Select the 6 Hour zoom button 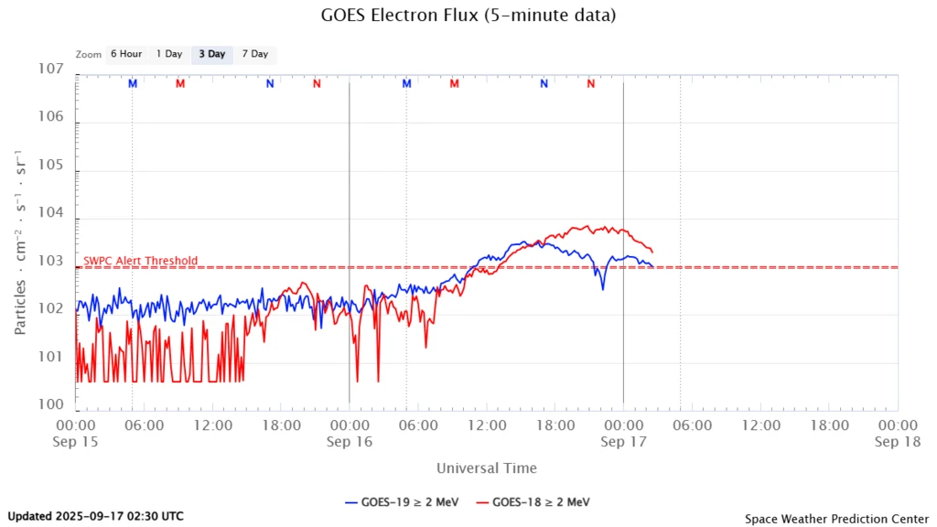point(126,54)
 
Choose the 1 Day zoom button point(169,54)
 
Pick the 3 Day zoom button point(212,54)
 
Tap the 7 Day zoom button point(254,54)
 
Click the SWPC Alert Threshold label point(140,261)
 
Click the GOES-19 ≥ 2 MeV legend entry point(403,502)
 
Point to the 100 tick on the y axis point(51,403)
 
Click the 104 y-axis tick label point(51,213)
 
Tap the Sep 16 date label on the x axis point(349,441)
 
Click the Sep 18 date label point(897,441)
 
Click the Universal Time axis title point(486,468)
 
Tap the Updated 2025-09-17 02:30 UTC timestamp point(95,516)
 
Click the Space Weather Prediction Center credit point(835,519)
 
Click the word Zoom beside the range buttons point(89,55)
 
